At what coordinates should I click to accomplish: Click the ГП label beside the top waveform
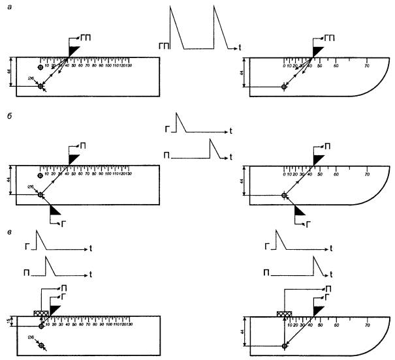coord(163,46)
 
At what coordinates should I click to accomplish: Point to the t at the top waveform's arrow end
coord(240,47)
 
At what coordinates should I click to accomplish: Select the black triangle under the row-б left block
coord(55,209)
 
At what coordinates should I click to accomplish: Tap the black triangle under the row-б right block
coord(300,209)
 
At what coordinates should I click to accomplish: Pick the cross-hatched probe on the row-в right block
coord(284,313)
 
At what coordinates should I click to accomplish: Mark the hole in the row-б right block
coord(284,195)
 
